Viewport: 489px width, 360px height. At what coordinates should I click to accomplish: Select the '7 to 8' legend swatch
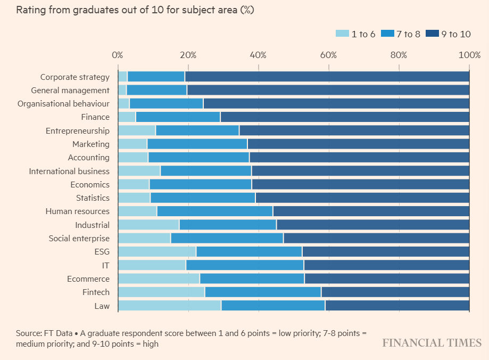coord(387,34)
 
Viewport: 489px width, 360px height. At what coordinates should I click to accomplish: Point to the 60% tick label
coord(328,55)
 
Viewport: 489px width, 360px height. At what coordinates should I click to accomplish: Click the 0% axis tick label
coord(117,55)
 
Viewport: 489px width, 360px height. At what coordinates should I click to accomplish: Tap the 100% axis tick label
coord(469,55)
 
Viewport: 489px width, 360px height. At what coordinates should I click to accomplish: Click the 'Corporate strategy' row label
coord(75,77)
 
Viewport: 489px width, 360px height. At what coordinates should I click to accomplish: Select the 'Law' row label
coord(103,306)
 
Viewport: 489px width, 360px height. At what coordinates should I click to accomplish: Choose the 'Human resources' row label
coord(77,211)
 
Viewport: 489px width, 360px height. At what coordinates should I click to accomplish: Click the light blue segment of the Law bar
coord(169,306)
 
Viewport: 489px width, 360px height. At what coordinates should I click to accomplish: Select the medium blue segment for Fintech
coord(263,292)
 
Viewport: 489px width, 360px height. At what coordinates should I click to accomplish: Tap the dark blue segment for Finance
coord(345,117)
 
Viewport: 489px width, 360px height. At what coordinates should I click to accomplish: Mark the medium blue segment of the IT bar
coord(245,265)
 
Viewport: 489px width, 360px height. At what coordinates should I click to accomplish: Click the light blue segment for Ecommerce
coord(159,279)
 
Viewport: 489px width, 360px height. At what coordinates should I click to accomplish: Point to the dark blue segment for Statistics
coord(362,198)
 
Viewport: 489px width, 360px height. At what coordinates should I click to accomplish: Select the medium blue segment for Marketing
coord(197,144)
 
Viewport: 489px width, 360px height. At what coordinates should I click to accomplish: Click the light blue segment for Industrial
coord(148,225)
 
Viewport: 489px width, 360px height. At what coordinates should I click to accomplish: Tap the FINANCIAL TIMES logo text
coord(432,343)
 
